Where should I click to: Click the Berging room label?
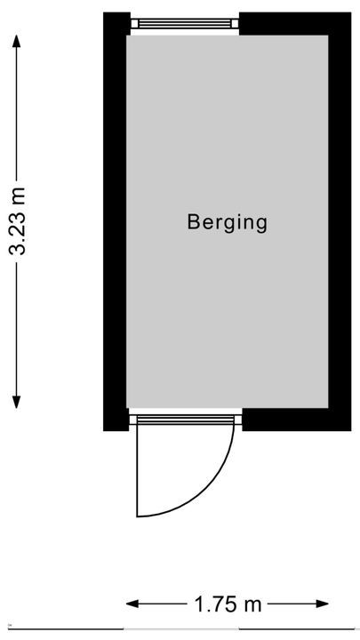(227, 223)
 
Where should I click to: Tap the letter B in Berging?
(193, 221)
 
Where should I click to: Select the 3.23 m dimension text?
(17, 220)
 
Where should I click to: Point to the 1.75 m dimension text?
(228, 604)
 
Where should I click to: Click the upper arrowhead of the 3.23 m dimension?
(16, 41)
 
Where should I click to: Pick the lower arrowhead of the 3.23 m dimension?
(16, 402)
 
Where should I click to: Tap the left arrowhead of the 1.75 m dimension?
(132, 604)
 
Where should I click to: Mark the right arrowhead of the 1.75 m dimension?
(322, 604)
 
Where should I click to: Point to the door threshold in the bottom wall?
(186, 420)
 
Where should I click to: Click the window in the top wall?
(185, 23)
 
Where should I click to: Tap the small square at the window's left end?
(134, 24)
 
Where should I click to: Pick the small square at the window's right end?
(235, 24)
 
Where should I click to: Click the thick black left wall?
(116, 221)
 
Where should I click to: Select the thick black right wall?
(340, 221)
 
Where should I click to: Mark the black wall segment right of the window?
(295, 24)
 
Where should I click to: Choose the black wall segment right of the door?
(297, 420)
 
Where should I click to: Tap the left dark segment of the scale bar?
(66, 629)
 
